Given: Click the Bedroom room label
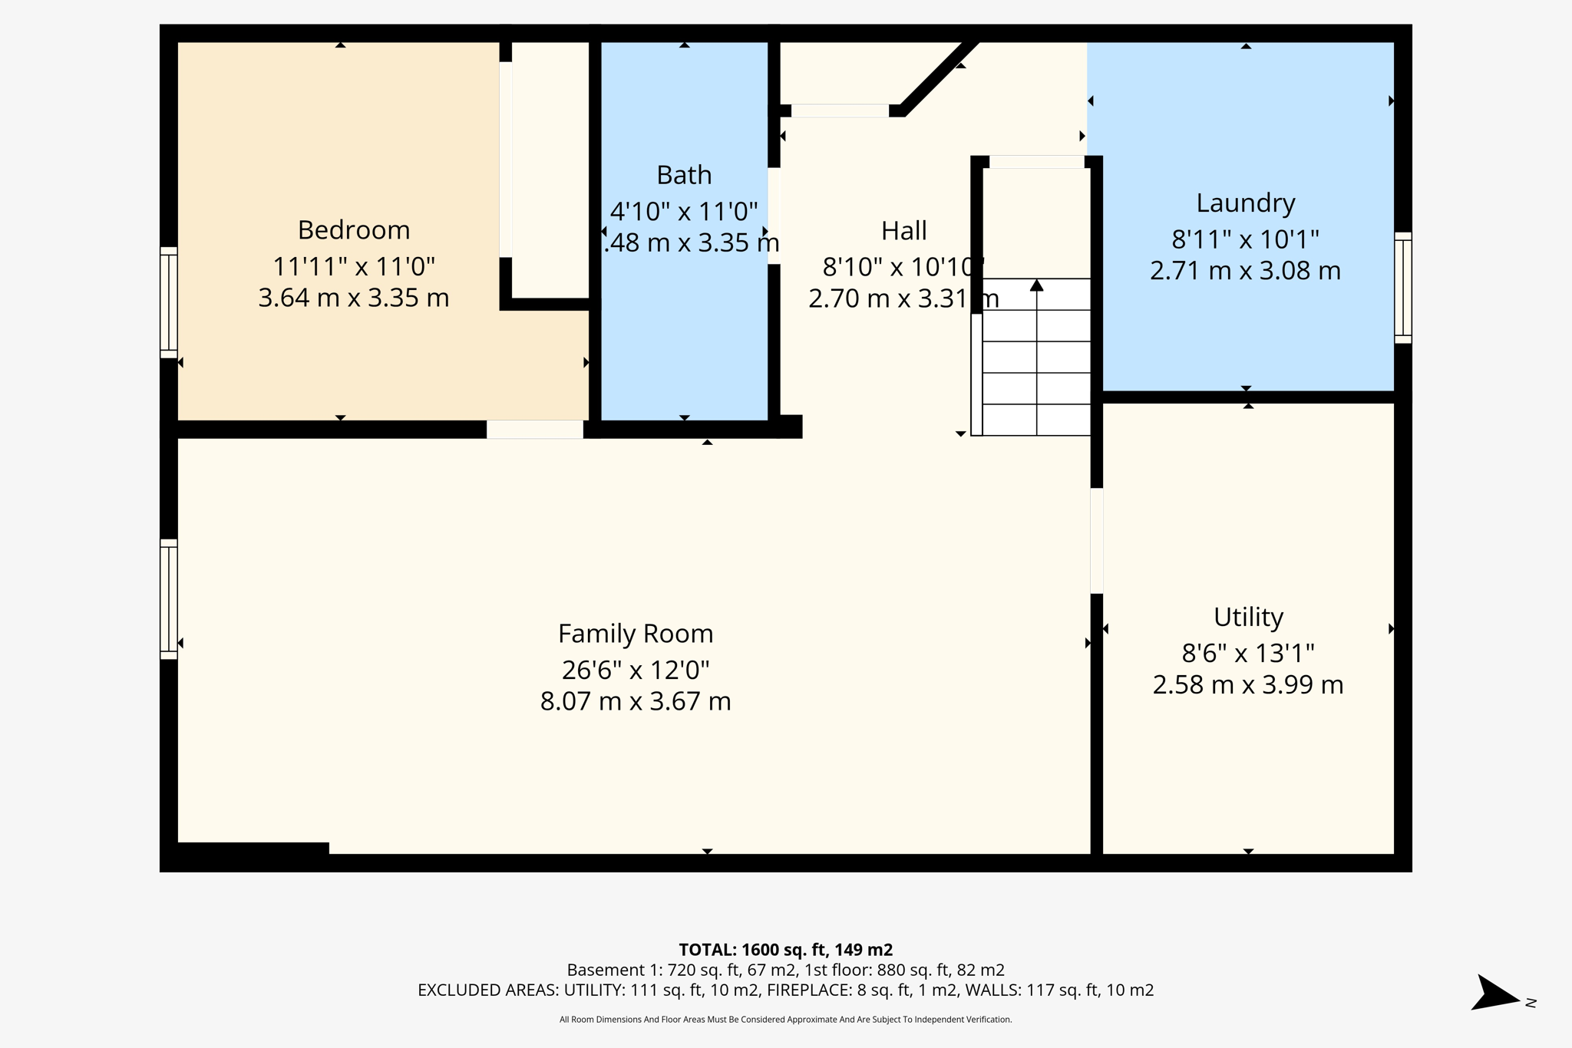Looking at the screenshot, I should [x=354, y=230].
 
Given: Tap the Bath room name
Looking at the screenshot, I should [x=684, y=176].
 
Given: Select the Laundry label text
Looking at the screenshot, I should [x=1245, y=203].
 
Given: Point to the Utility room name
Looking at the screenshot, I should [x=1248, y=618].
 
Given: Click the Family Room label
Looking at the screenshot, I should [x=636, y=634].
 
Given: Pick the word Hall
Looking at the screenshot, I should [x=903, y=231].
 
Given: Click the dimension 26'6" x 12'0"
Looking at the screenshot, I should [x=636, y=671].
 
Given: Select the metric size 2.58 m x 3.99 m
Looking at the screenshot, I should [x=1248, y=685].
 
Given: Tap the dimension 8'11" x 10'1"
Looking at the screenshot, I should [x=1245, y=240].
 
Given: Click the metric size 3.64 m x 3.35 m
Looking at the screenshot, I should [x=354, y=298].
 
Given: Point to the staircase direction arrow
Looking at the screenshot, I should [x=1037, y=285].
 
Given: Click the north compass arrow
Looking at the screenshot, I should [x=1494, y=994].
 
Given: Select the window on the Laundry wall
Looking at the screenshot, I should [x=1402, y=288].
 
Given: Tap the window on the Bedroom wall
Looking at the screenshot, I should [x=169, y=302].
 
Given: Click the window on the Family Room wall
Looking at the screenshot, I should [x=169, y=599].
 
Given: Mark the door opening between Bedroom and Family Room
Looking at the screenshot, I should [x=535, y=430].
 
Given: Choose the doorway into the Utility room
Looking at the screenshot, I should [x=1097, y=541].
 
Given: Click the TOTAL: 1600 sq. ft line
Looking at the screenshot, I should [x=785, y=950].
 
